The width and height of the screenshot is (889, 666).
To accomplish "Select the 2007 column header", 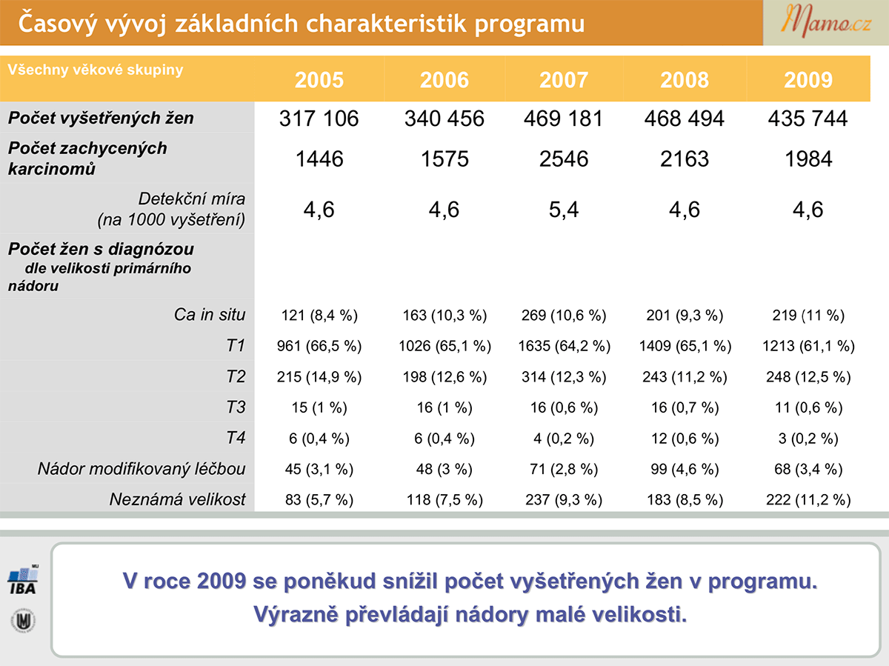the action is pos(563,80).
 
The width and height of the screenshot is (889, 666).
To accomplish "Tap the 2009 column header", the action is pos(808,80).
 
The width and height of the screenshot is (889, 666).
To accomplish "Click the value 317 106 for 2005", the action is pos(319,119).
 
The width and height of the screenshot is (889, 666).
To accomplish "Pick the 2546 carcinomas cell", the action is pos(563,159).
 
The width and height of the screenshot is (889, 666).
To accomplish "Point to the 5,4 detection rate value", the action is pos(563,210).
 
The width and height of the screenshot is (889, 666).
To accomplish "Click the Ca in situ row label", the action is pos(210,315).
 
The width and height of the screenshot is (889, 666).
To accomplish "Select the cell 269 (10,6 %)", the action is pos(563,316).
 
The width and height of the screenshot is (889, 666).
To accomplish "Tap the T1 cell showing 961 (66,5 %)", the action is pos(319,346).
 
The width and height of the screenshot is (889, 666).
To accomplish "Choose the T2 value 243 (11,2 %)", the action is pos(685,377).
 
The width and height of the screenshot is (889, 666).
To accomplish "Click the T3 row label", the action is pos(236,407).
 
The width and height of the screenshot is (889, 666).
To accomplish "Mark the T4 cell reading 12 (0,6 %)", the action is pos(685,439).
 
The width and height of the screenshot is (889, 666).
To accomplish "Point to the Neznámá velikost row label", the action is pos(177,499).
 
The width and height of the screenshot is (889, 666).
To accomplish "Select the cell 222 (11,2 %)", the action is pos(808,499).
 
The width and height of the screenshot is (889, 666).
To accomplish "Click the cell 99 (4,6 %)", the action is pos(685,469).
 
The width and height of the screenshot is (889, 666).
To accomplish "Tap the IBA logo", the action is pos(23,579).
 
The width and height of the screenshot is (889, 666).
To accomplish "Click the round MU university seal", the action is pos(23,621).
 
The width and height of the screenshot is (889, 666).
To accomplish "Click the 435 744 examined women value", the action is pos(808,119).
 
